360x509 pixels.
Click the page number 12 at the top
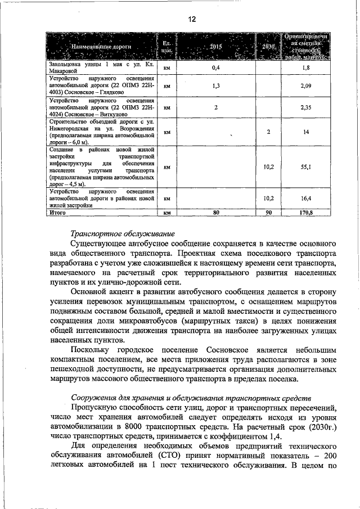pyautogui.click(x=191, y=19)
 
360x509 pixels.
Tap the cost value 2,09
pyautogui.click(x=305, y=86)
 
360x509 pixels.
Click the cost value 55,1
pyautogui.click(x=305, y=167)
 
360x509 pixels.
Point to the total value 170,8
pyautogui.click(x=305, y=213)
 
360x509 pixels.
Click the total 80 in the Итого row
pyautogui.click(x=216, y=213)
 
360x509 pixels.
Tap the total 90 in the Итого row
pyautogui.click(x=269, y=213)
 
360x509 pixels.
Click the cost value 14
pyautogui.click(x=305, y=132)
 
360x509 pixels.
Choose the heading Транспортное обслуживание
pyautogui.click(x=123, y=233)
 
